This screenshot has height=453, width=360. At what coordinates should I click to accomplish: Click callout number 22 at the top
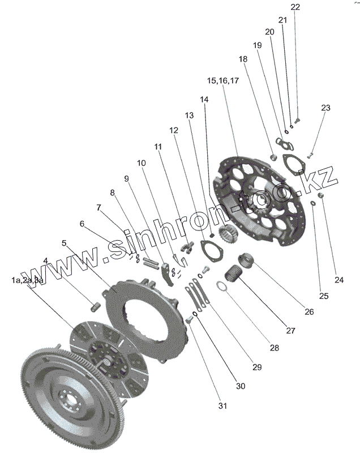[x=295, y=7]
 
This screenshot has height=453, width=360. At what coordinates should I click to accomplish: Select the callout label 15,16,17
[x=223, y=81]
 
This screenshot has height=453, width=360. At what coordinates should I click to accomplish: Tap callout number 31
[x=222, y=406]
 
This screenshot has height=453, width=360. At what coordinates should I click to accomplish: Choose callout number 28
[x=274, y=348]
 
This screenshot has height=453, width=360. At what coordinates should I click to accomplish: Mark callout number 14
[x=204, y=99]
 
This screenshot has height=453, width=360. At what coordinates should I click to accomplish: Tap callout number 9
[x=126, y=178]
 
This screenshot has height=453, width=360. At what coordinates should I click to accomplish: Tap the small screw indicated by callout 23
[x=310, y=153]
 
